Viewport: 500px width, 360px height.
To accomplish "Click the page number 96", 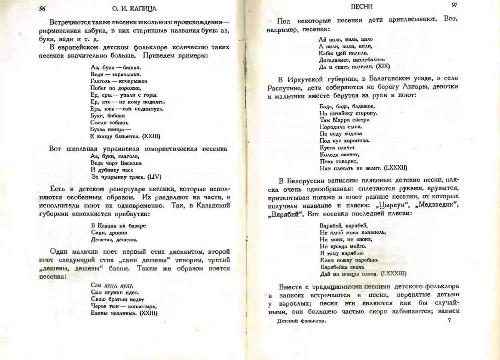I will (42, 9).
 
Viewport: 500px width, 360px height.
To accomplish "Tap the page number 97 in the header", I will (455, 5).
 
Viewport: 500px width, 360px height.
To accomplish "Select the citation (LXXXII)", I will (395, 168).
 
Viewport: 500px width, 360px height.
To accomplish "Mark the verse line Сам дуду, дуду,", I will (111, 285).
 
